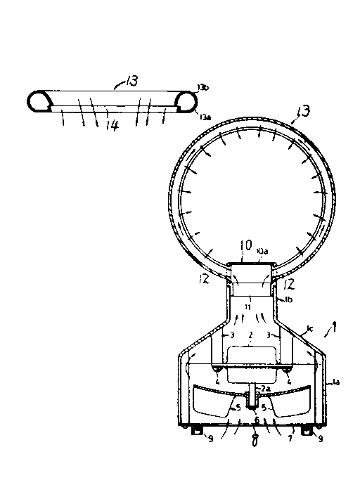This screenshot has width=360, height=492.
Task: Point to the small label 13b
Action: coord(203,87)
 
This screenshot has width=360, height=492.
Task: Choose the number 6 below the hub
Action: coord(257,420)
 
